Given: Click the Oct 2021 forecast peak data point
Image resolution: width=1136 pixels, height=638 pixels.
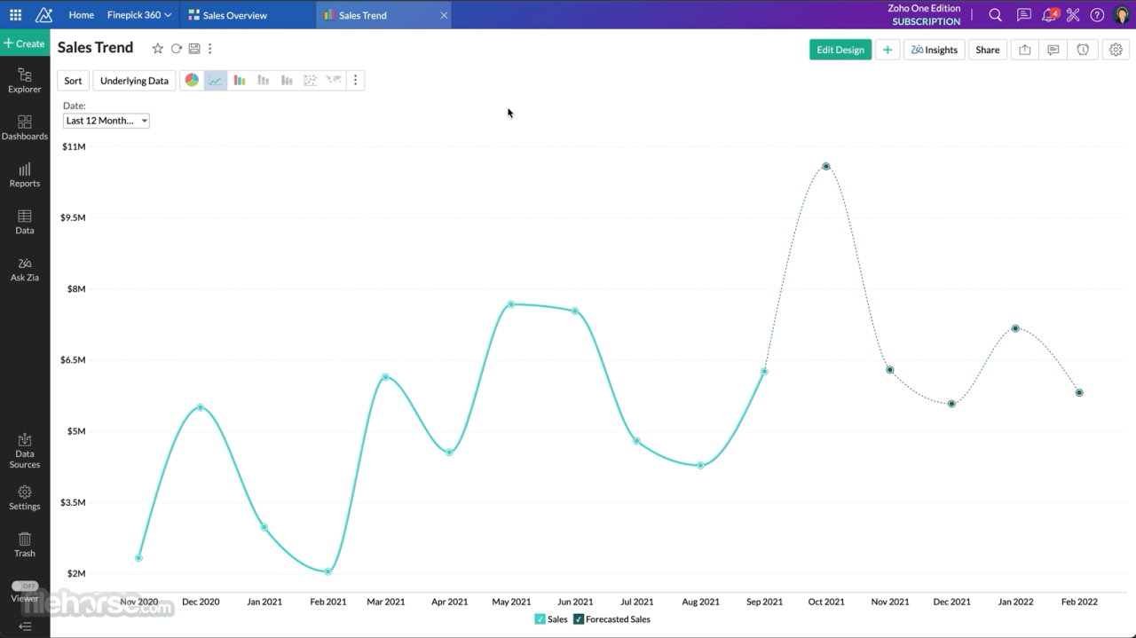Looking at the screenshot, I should (826, 166).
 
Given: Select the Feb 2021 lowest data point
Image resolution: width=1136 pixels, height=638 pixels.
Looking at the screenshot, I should (328, 571).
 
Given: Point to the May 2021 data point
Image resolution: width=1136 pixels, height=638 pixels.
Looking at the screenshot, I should (511, 304).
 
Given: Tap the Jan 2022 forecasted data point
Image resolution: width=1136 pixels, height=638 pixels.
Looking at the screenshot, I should (1015, 328).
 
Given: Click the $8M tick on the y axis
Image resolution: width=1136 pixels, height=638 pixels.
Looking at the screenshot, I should (74, 288).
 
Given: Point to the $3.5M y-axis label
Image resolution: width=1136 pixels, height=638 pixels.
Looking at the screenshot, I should (73, 502).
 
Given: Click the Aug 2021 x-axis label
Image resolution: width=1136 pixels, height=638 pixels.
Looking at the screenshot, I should (700, 602).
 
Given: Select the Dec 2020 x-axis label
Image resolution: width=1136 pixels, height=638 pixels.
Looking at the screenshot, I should (201, 602).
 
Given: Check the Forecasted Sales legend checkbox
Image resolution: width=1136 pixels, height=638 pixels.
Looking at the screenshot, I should (579, 619).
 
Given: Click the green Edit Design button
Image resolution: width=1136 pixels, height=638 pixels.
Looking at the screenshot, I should (840, 50).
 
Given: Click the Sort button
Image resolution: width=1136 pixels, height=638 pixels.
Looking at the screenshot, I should (73, 81).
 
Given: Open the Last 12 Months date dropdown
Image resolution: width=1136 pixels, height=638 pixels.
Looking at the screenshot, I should (106, 121).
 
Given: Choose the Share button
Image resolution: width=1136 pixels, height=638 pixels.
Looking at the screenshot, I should (987, 50).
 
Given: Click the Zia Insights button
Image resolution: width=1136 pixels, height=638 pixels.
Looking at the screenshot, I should (934, 50).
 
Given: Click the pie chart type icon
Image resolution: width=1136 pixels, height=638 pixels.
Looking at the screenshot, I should (192, 80).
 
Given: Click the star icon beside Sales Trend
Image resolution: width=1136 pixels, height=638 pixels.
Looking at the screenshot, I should (158, 49).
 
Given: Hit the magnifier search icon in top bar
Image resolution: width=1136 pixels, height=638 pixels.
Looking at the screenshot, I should (995, 15).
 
